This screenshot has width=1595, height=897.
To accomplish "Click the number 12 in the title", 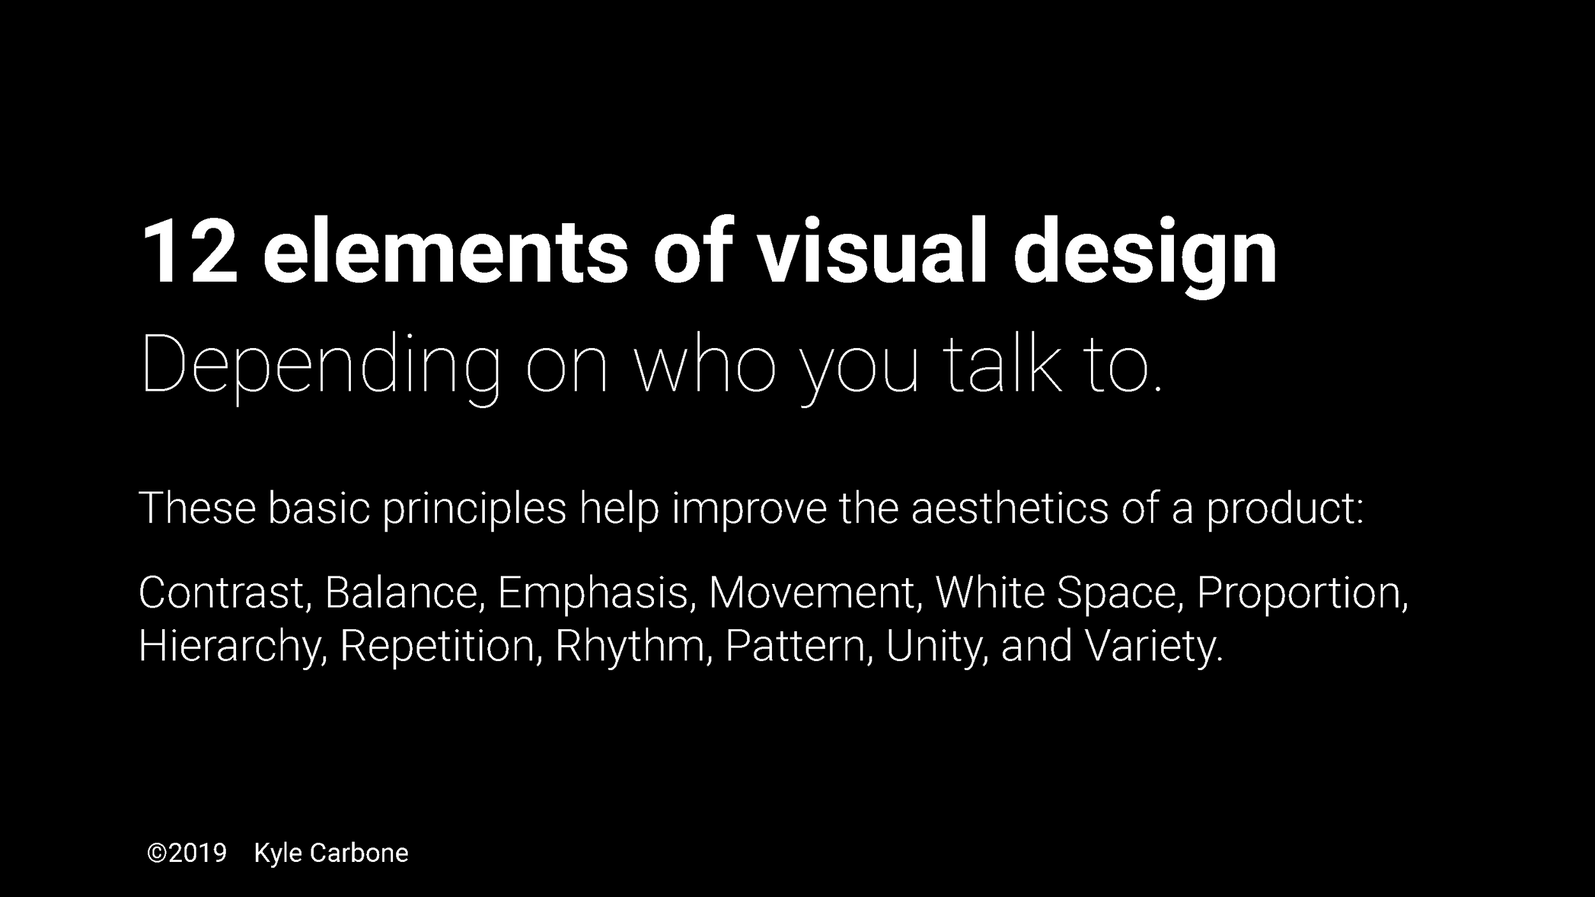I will click(x=189, y=252).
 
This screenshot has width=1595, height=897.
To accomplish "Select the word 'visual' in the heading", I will click(x=872, y=252).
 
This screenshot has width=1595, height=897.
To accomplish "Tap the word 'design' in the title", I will click(x=1145, y=255).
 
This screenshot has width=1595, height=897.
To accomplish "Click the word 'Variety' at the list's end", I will click(x=1152, y=646).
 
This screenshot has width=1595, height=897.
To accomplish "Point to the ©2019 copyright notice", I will click(x=187, y=853).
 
